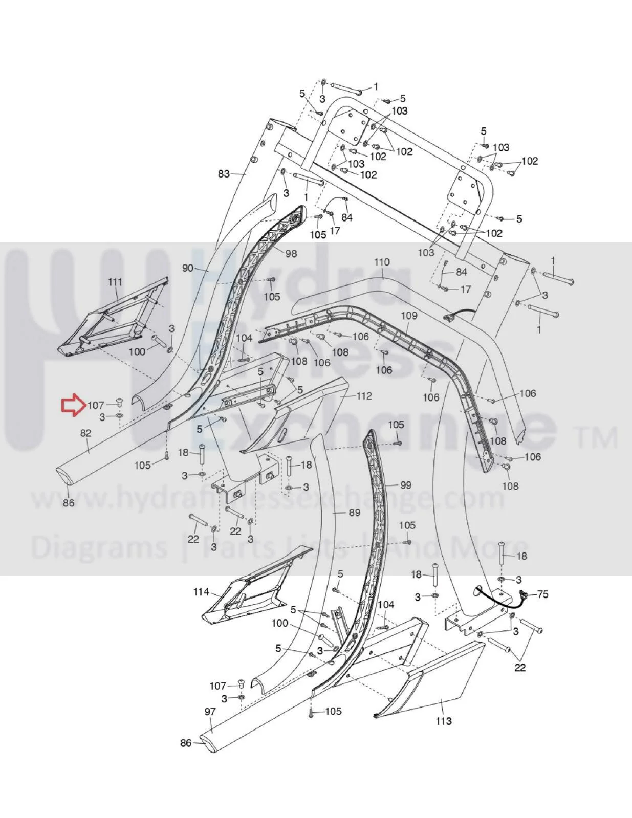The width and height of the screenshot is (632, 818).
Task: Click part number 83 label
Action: [224, 174]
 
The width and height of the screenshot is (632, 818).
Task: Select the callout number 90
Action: [188, 269]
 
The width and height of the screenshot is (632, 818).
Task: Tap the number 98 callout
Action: [291, 253]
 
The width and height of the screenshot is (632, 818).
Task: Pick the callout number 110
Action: [382, 262]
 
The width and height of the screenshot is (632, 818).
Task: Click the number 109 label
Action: [409, 316]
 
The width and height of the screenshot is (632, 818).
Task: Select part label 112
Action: [364, 396]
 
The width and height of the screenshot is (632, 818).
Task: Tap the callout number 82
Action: [86, 433]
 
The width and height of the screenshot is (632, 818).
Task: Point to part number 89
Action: [355, 512]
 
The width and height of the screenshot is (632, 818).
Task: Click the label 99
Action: [406, 485]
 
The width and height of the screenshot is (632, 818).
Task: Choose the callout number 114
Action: [202, 592]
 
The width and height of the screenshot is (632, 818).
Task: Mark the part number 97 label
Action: [210, 712]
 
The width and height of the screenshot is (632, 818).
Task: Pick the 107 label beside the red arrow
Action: [96, 406]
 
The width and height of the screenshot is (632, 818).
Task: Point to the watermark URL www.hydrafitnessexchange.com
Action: [268, 498]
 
